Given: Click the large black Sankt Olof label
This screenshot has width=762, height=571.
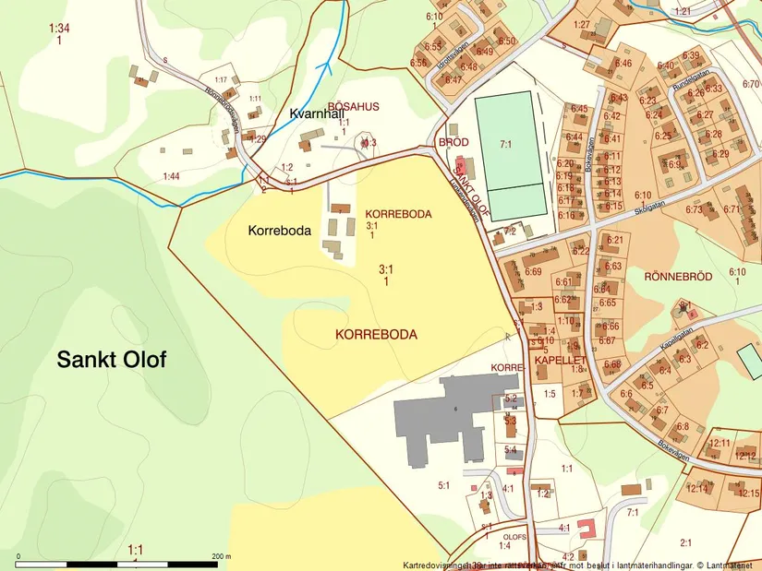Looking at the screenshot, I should pos(112,359).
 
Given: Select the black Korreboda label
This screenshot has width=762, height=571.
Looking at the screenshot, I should pos(279,231).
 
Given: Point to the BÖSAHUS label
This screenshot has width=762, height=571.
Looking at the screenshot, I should pos(354,107).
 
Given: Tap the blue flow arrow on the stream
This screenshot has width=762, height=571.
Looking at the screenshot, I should pos(325,65).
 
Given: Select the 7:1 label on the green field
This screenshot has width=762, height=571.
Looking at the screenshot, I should pos(505,144).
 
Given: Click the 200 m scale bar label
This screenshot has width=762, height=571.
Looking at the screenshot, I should pos(219,556).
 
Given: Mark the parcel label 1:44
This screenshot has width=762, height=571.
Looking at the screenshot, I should pos(171,175).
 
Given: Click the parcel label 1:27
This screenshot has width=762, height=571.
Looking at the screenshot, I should pos(581,24).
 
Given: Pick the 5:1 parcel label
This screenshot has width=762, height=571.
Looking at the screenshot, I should pos(443,485).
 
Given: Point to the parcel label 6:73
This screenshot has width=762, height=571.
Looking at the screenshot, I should pos(695,209).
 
